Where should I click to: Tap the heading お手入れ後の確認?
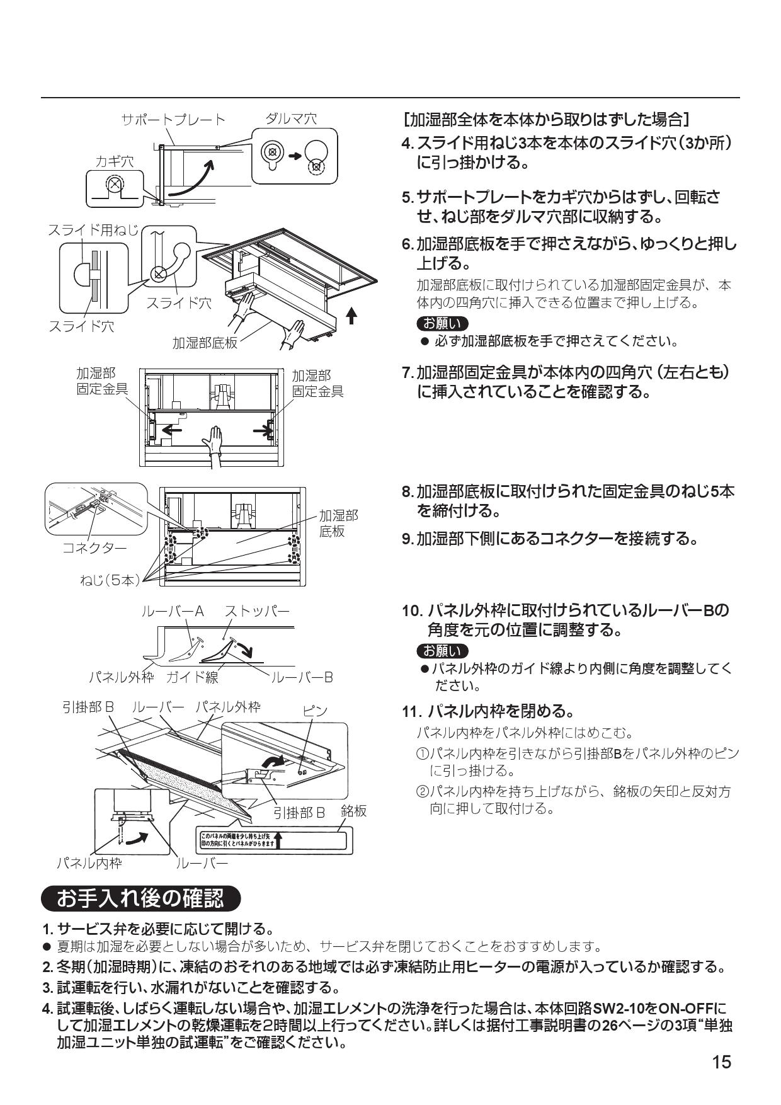coord(140,898)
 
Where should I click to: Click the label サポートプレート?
coord(173,119)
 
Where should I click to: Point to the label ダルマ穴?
coord(290,118)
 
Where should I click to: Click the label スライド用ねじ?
coord(93,230)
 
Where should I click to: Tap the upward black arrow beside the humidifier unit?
coord(351,314)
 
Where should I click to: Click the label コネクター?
coord(94,547)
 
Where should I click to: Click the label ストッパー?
coord(258,611)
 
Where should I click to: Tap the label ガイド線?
coord(192,677)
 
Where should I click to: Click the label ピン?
coord(315,711)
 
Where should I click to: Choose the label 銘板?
coord(353,811)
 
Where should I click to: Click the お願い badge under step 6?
coord(443,323)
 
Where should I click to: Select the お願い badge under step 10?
coord(443,650)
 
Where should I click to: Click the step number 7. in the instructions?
coord(408,372)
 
